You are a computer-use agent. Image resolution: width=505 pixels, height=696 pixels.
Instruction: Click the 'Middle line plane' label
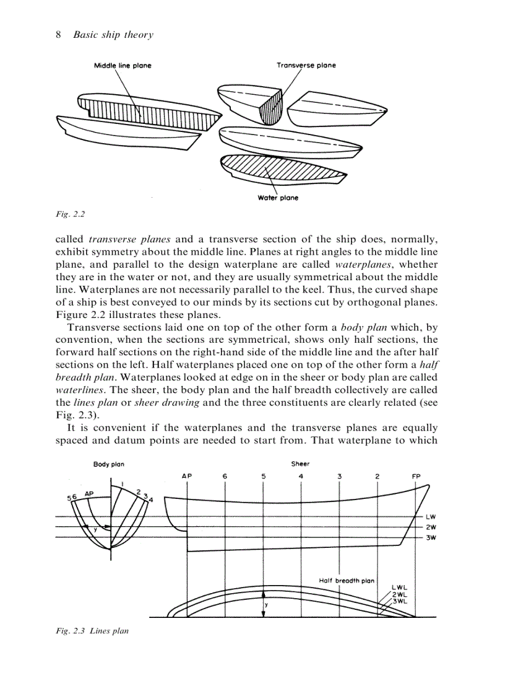(x=123, y=66)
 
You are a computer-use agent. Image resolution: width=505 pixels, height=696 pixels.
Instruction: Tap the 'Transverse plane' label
(x=306, y=65)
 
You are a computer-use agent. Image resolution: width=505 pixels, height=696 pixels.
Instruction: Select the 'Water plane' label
(x=278, y=198)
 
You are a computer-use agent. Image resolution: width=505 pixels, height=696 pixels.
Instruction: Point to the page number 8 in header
(x=58, y=35)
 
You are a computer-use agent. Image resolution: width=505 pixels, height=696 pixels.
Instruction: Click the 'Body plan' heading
(x=109, y=464)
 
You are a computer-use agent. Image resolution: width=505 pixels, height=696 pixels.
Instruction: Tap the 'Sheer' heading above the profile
(x=300, y=464)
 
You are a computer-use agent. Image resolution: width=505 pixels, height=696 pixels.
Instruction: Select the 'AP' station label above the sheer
(x=187, y=476)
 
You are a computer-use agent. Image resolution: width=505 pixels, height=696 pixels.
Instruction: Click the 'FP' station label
(x=417, y=476)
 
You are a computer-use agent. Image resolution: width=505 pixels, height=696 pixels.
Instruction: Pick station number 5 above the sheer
(x=263, y=476)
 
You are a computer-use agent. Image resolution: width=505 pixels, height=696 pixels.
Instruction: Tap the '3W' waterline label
(x=431, y=537)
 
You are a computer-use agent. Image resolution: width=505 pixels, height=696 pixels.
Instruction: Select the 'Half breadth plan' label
(x=347, y=581)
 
